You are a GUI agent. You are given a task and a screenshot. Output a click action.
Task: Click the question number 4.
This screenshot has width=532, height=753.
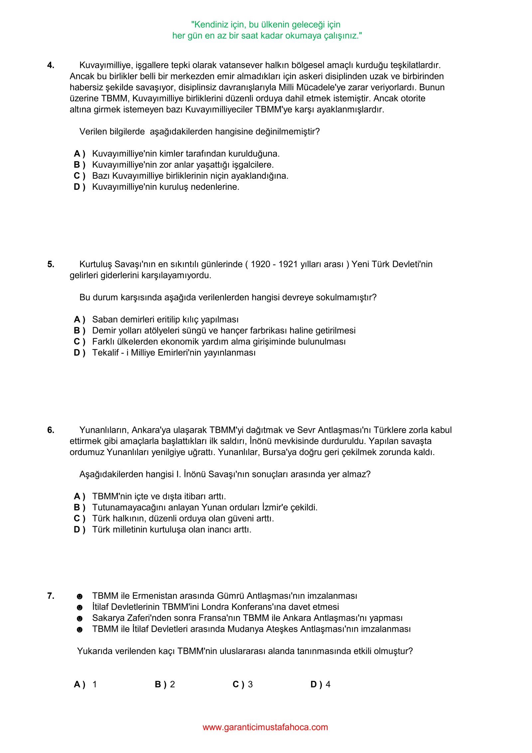[x=51, y=65]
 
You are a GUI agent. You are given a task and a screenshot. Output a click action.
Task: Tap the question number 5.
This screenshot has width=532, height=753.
[x=51, y=264]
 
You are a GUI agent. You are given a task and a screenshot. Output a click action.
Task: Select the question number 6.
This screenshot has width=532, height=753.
[x=51, y=430]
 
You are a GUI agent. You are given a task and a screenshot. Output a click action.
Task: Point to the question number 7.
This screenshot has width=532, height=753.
[x=51, y=596]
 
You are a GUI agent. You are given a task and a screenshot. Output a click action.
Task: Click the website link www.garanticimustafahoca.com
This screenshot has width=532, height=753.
[x=265, y=727]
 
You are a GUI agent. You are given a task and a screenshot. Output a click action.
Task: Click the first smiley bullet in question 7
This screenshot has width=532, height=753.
[x=79, y=597]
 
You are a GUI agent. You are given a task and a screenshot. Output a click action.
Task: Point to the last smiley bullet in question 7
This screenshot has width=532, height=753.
[x=79, y=629]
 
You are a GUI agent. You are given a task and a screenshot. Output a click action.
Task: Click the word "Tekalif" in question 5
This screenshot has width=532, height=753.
[x=105, y=353]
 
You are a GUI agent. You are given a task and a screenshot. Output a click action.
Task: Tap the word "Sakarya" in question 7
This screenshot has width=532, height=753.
[x=108, y=618]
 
